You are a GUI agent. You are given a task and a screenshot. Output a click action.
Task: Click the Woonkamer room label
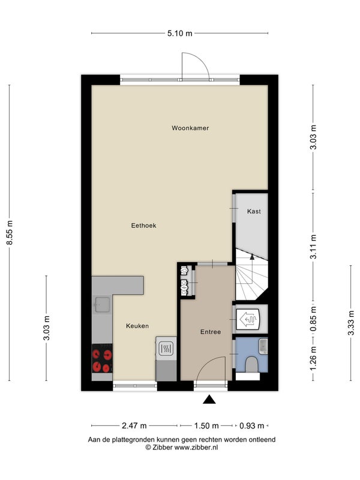190,128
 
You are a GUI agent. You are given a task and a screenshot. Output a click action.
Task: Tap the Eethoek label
143,226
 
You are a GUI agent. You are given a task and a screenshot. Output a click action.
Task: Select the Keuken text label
137,326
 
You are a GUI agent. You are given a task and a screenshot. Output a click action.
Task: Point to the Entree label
211,332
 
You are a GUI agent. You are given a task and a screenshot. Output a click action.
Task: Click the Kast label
254,211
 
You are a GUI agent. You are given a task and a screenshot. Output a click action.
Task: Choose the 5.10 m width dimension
179,33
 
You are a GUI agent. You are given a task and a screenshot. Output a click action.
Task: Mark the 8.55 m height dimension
10,233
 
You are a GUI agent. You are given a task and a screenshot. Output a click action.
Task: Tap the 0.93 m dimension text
251,425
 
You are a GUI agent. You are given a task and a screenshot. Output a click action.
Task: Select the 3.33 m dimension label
351,323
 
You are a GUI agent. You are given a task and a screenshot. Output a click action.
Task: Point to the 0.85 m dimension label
313,320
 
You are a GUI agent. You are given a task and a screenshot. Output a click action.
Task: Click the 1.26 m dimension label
313,358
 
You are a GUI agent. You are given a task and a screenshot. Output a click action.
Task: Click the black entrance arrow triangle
209,400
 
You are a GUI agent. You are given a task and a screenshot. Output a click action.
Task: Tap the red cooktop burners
102,358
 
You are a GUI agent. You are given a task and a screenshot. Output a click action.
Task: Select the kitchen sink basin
102,305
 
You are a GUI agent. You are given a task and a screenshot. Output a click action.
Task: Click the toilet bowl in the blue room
252,364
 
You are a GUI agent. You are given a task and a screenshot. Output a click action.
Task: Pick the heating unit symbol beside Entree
248,319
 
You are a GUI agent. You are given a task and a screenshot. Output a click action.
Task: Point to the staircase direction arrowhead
252,257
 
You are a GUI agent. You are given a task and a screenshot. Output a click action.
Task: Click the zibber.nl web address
196,447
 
